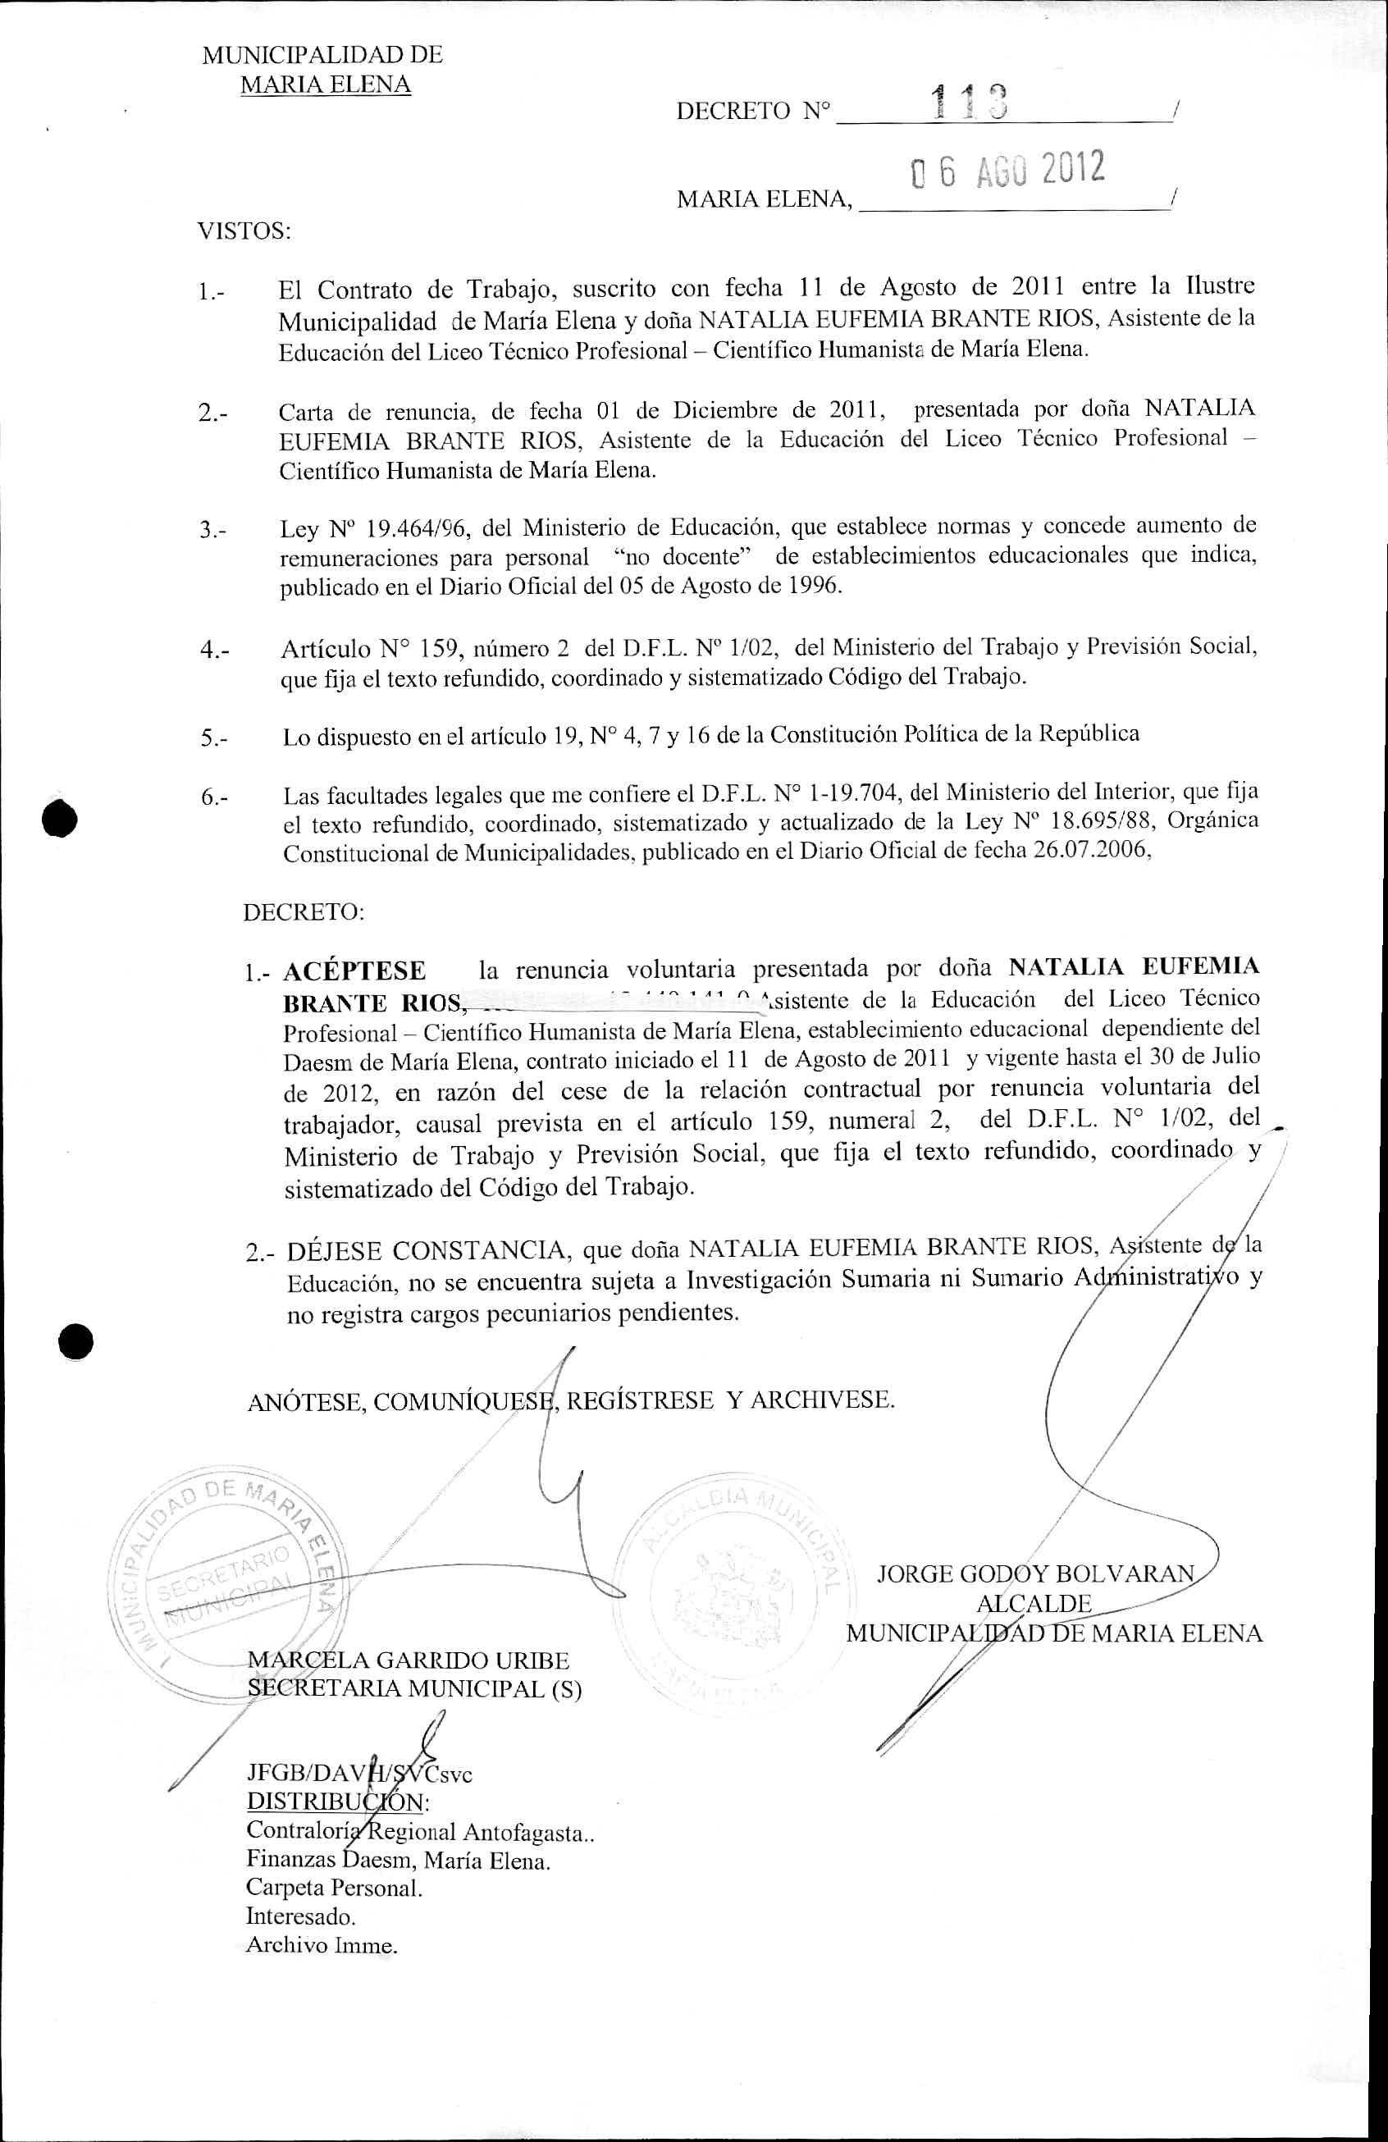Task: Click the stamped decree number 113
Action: tap(971, 101)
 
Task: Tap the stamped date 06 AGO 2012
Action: tap(1008, 169)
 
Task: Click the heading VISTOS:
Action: tap(244, 231)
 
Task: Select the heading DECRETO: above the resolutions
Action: tap(304, 911)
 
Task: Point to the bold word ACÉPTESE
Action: tap(354, 971)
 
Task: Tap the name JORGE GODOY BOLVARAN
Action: tap(1035, 1574)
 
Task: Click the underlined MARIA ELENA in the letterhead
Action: tap(325, 84)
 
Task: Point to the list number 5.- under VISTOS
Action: tap(214, 739)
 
